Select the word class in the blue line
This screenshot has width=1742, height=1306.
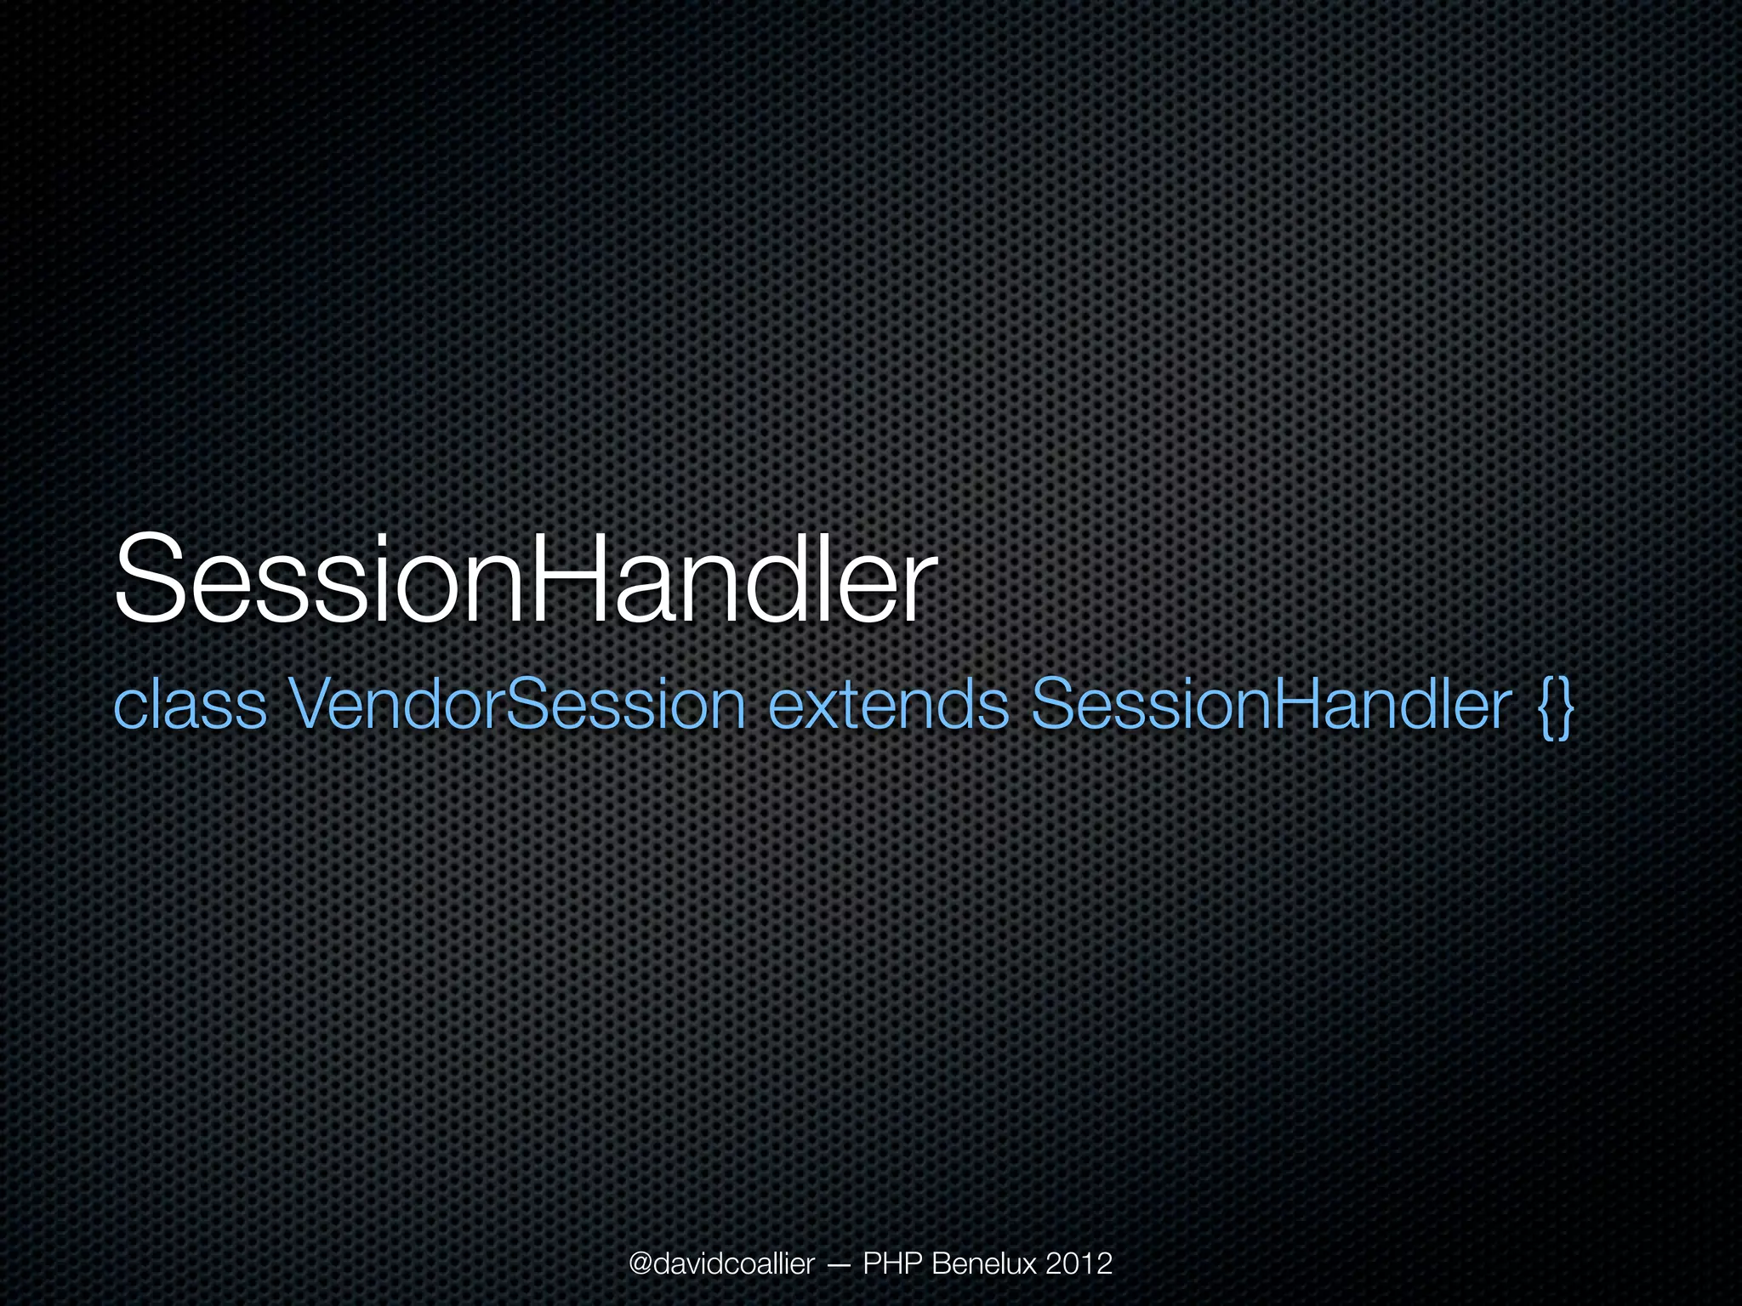pos(189,705)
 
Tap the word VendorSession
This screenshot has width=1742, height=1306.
pos(516,705)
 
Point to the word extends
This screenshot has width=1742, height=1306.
pos(887,705)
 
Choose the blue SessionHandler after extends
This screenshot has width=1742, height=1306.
pos(1272,705)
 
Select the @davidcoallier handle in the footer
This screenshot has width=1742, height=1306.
pos(721,1263)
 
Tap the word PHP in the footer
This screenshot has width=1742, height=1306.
pos(893,1263)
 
